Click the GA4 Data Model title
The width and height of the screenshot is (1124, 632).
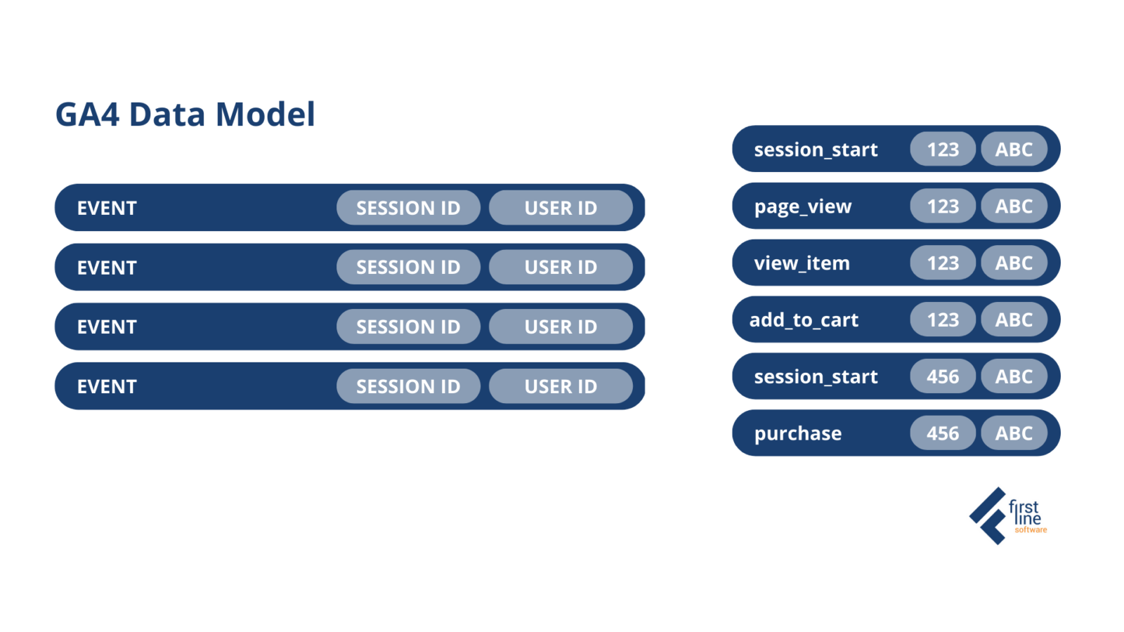tap(185, 114)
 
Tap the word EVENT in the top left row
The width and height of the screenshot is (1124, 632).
tap(107, 208)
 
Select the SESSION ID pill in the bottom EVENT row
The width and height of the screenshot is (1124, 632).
tap(408, 386)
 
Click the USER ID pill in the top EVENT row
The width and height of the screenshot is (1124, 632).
tap(561, 208)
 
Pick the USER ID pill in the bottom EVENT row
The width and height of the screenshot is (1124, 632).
tap(561, 386)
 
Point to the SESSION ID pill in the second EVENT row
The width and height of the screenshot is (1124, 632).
tap(408, 268)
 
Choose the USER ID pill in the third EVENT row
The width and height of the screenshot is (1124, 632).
tap(561, 327)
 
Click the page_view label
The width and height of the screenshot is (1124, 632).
tap(802, 206)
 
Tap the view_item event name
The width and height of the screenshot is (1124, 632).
tap(802, 263)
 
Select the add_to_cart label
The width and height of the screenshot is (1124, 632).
tap(804, 320)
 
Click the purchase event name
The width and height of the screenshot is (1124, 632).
tap(797, 433)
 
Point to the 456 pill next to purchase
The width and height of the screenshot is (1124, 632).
tap(942, 433)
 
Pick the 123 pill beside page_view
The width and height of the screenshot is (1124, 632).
tap(942, 206)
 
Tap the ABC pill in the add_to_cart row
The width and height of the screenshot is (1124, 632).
tap(1014, 320)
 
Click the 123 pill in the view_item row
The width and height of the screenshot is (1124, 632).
tap(942, 263)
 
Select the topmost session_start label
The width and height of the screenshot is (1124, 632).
tap(816, 150)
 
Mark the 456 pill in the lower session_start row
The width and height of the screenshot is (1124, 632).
tap(942, 376)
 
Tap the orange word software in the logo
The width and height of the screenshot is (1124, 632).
tap(1031, 530)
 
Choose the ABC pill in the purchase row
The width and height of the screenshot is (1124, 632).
tap(1014, 433)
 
